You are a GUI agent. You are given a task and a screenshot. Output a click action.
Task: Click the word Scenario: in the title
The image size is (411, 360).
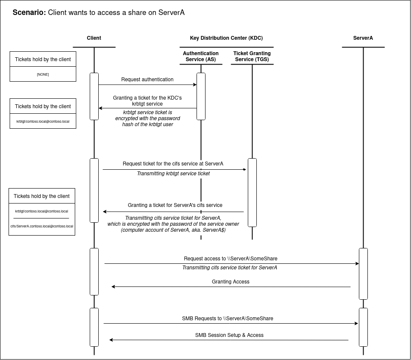(x=29, y=12)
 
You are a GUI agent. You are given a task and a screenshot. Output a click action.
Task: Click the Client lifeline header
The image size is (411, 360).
(x=94, y=38)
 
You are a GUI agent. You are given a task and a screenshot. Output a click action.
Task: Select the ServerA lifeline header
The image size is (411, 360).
(x=363, y=38)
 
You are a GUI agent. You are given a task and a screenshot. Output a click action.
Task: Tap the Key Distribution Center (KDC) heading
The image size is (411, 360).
(x=226, y=38)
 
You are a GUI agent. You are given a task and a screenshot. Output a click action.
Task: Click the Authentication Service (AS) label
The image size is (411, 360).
(x=201, y=56)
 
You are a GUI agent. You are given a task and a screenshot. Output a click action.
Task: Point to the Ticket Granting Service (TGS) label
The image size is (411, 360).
(x=252, y=56)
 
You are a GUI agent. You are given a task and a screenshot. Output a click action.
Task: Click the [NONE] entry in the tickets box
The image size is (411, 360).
(x=43, y=74)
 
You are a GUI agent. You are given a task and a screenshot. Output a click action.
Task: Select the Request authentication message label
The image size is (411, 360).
(x=147, y=80)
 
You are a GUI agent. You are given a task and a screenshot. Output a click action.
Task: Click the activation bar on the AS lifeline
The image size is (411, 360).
(x=201, y=96)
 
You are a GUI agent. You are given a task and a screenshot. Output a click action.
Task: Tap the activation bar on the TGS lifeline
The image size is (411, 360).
(x=252, y=192)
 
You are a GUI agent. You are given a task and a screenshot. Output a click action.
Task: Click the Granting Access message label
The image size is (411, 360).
(x=230, y=282)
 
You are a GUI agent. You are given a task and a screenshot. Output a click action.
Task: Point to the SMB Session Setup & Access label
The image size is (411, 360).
(x=229, y=335)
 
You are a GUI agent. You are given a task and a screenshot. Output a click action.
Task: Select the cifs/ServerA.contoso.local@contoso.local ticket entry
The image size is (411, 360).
(x=42, y=226)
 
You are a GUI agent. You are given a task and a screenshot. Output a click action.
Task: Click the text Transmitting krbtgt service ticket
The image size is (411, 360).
(x=173, y=174)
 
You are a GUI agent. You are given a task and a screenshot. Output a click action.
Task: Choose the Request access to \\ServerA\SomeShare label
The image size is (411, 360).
(x=230, y=259)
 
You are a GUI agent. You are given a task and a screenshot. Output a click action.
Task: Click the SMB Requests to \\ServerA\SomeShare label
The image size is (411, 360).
(x=227, y=319)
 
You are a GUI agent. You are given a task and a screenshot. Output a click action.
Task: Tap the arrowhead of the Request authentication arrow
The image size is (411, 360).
(x=194, y=85)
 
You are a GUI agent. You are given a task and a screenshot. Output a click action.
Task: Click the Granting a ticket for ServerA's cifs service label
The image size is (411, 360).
(x=175, y=205)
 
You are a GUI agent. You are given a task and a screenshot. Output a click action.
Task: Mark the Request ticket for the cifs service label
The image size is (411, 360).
(x=173, y=164)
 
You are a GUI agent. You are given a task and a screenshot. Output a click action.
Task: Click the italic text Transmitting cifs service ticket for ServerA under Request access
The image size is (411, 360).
(x=229, y=268)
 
